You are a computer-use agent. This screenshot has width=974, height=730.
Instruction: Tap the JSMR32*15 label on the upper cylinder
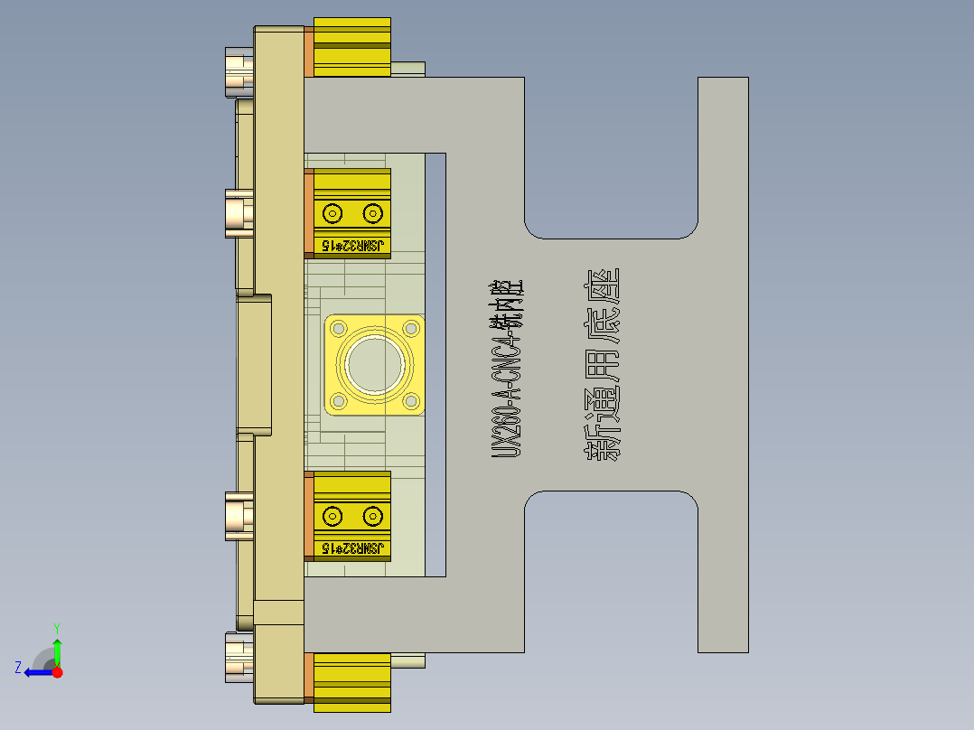coord(352,245)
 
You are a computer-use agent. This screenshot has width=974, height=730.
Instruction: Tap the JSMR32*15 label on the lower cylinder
coord(352,548)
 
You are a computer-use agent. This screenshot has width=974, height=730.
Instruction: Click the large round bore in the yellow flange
coord(374,365)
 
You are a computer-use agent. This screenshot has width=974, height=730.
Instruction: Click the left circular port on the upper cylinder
coord(332,214)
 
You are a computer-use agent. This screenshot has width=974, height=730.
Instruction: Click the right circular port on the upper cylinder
coord(372,214)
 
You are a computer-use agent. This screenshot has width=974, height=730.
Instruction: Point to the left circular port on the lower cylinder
coord(332,517)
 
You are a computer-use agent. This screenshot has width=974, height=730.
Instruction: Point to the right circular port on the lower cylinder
coord(372,517)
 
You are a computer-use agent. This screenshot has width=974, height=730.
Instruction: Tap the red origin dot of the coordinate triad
coord(58,672)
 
